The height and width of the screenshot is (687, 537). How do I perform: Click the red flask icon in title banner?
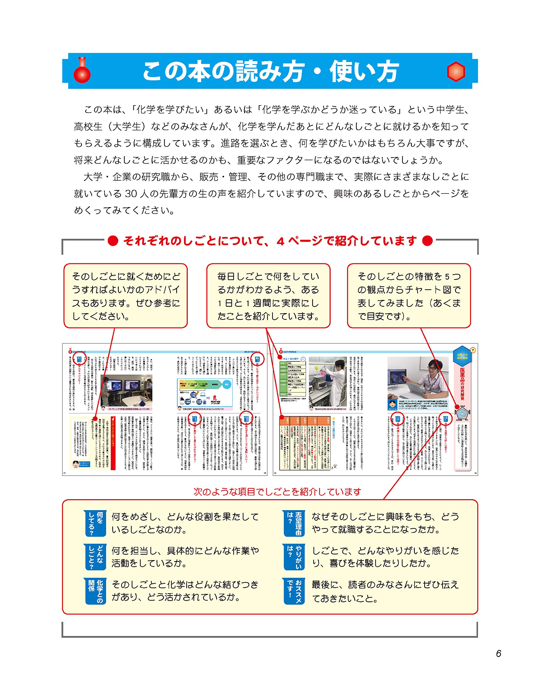[82, 71]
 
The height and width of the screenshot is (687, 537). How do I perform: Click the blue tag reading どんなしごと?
[95, 557]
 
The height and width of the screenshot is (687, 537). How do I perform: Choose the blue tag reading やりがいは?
[294, 557]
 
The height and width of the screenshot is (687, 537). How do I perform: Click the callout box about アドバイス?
[125, 296]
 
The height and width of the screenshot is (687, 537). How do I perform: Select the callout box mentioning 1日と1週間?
[268, 296]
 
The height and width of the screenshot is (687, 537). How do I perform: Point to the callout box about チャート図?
[409, 296]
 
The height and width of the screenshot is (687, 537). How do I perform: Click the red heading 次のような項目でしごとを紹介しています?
[277, 491]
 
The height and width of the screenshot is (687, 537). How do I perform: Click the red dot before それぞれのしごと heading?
[113, 241]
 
